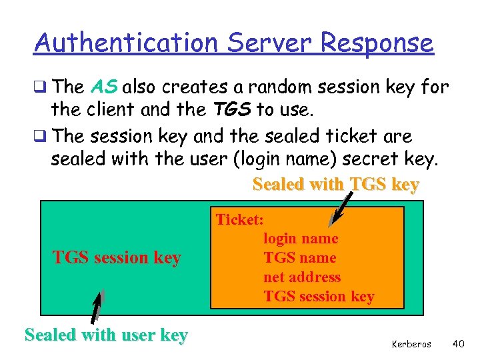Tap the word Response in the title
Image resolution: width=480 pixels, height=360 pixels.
377,43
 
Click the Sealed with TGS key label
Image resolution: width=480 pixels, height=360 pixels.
336,185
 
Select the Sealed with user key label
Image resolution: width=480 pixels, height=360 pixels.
106,335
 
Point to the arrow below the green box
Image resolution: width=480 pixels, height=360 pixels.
98,307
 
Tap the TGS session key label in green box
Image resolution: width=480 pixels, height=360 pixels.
117,257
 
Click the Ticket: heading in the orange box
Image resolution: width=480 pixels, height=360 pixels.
240,219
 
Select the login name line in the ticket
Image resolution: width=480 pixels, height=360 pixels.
301,239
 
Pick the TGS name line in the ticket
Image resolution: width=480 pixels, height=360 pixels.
300,258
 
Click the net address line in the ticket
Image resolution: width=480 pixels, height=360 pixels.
302,277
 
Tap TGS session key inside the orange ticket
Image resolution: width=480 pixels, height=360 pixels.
319,297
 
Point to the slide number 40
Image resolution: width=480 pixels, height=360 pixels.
458,343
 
